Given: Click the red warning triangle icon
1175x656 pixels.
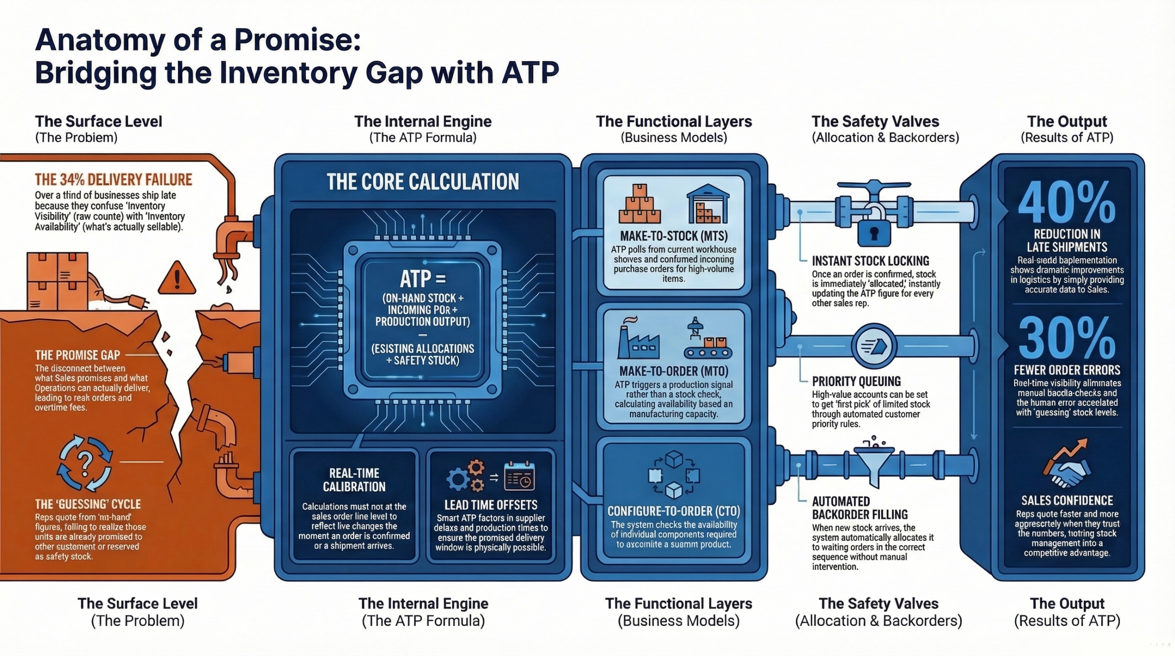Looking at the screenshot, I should [177, 278].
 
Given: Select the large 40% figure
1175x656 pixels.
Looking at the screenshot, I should [1066, 202].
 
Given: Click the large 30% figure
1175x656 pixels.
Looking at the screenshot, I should [1066, 338].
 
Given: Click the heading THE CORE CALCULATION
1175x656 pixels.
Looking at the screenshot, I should [423, 182].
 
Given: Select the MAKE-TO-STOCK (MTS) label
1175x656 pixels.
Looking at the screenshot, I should [673, 236].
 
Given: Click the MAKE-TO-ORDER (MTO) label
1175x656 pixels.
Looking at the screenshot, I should [673, 371].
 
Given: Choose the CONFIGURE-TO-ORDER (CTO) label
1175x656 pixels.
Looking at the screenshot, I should [673, 511].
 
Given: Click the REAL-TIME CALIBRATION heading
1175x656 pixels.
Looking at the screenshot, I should [354, 480].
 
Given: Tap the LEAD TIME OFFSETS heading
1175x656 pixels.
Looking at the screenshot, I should [491, 505].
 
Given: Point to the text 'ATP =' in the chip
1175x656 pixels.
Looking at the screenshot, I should [423, 278].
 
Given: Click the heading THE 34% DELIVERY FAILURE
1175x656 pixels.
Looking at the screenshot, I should [113, 179].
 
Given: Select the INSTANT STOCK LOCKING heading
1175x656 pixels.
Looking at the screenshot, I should [870, 261].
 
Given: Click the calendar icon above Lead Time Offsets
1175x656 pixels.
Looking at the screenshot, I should [519, 477].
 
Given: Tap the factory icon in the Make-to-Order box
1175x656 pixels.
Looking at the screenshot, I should [638, 340].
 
